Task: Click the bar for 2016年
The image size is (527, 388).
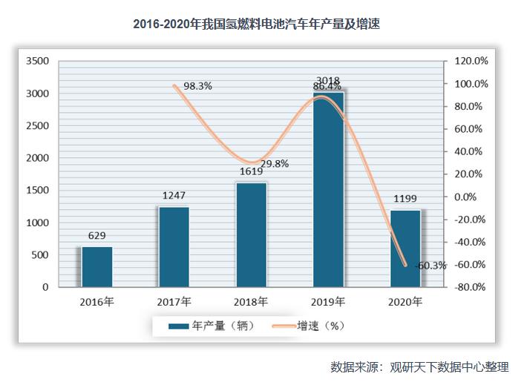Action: [96, 266]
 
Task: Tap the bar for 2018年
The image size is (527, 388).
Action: [251, 234]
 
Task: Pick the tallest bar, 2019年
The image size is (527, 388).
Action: [328, 190]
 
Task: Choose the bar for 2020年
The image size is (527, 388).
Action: [405, 248]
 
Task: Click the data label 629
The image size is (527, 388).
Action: [96, 237]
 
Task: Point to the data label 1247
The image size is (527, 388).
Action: [174, 197]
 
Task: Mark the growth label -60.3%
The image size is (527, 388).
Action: [430, 265]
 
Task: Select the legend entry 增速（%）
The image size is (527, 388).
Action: [312, 325]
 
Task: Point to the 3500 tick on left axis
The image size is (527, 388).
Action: [36, 61]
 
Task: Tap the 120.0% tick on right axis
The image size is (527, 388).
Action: [471, 61]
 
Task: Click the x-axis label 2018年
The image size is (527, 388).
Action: [251, 302]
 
